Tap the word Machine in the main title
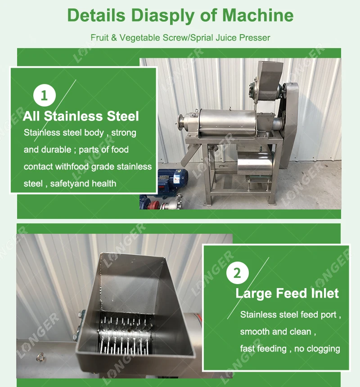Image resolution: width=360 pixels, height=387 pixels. [x=258, y=15]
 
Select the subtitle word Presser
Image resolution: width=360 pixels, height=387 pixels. [x=254, y=38]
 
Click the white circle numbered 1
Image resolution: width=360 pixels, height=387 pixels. [x=44, y=96]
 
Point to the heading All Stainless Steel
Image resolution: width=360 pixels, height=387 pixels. [x=81, y=116]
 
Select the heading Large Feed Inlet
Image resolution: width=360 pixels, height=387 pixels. [x=287, y=294]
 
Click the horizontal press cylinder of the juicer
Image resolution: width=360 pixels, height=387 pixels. [x=225, y=121]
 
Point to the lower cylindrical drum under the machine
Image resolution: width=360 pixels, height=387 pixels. [x=255, y=165]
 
